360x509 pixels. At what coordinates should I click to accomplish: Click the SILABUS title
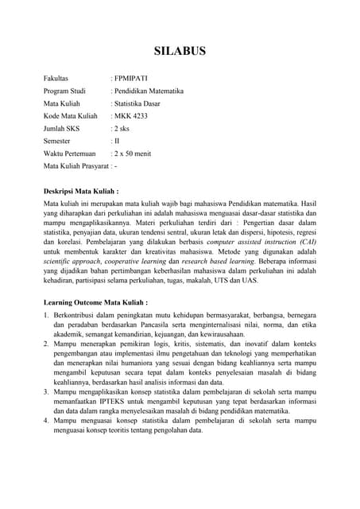click(180, 52)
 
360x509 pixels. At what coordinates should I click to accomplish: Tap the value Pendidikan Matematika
click(149, 91)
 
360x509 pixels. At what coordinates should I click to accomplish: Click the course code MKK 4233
click(130, 116)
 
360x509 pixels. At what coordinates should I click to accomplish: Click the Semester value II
click(116, 141)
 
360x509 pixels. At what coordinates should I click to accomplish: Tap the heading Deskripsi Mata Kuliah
click(80, 192)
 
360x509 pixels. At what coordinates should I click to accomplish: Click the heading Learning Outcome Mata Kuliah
click(95, 303)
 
